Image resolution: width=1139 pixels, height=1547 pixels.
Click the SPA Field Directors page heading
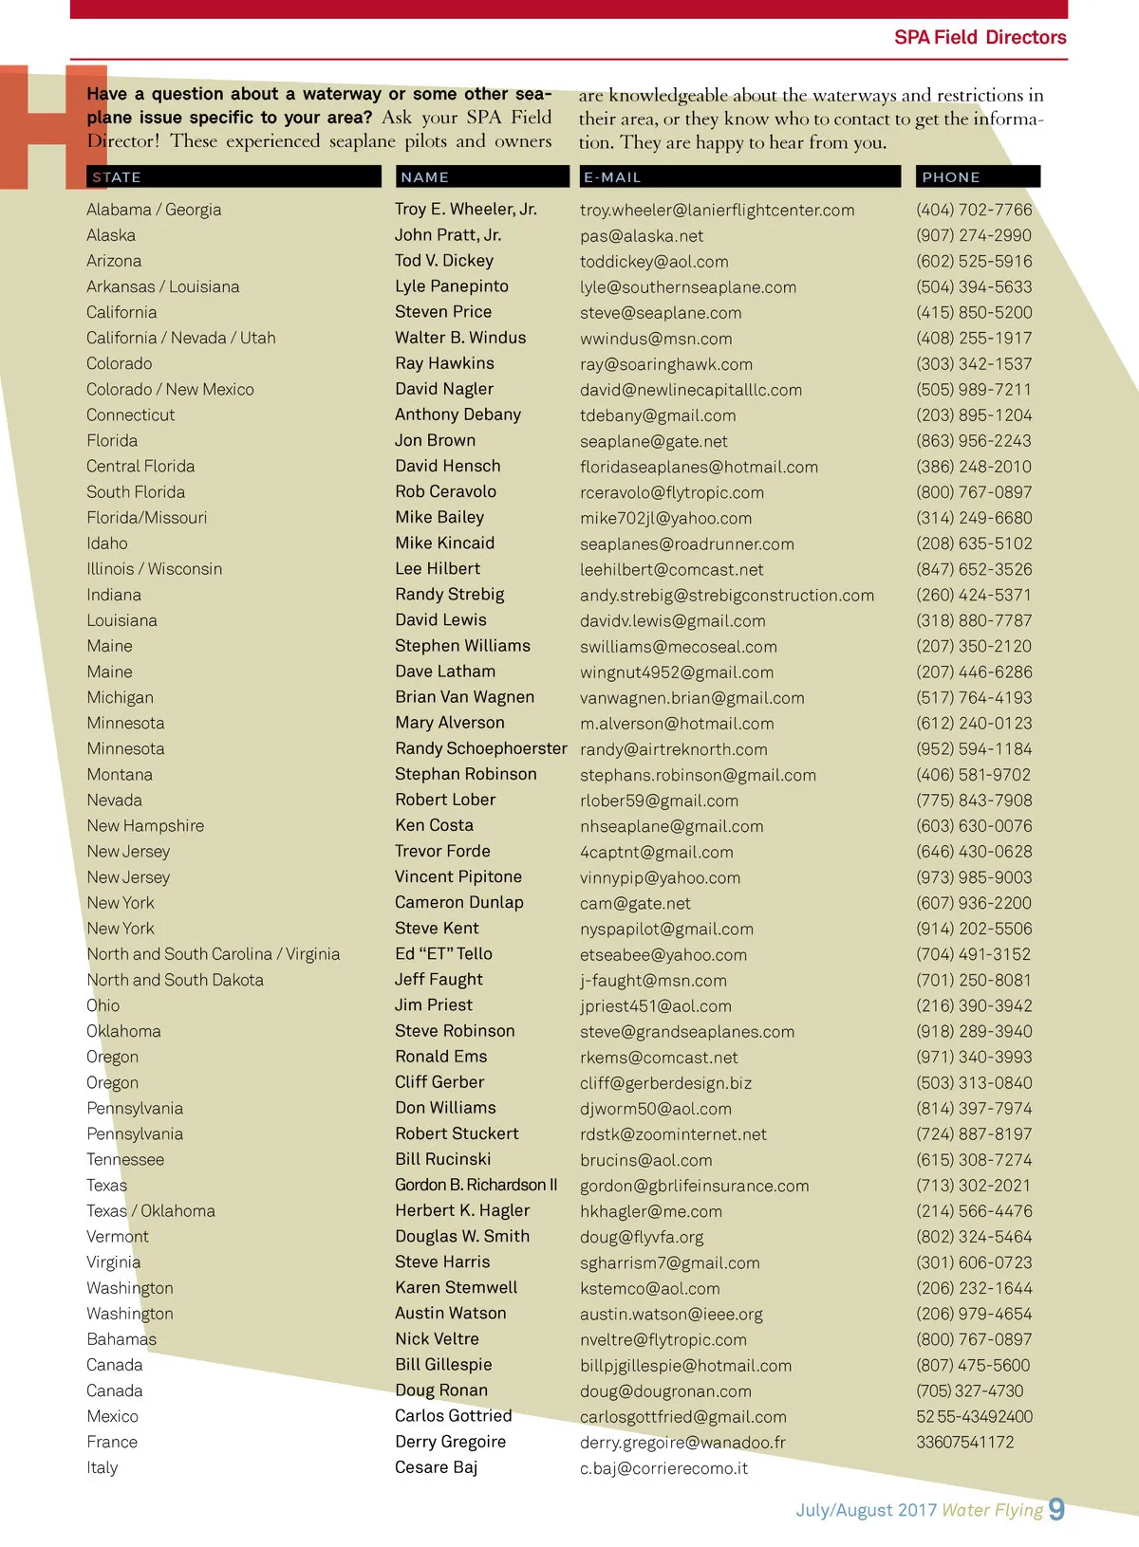point(980,38)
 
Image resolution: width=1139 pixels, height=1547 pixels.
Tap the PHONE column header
point(950,177)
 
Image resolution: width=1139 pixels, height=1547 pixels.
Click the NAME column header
point(424,177)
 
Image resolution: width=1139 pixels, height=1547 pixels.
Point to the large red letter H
point(52,126)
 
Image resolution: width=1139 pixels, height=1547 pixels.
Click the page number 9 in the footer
point(1056,1509)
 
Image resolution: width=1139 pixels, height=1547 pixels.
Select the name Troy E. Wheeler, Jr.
point(465,210)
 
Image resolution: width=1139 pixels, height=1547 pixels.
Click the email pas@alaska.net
point(642,236)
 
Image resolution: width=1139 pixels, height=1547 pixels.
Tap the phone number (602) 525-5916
point(974,261)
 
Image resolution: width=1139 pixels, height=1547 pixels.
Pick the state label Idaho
point(106,543)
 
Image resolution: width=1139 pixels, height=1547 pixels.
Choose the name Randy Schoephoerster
point(480,748)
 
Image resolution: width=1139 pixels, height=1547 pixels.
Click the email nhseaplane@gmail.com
point(671,826)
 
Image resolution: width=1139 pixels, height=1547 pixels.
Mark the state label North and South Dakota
point(175,980)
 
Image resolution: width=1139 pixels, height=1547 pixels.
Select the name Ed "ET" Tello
point(443,954)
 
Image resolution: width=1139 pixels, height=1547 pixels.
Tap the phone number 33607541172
point(964,1442)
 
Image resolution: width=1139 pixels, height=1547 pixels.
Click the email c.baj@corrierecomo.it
point(663,1468)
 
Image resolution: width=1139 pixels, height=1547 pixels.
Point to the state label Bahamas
point(121,1339)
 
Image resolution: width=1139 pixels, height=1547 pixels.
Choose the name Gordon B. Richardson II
point(476,1185)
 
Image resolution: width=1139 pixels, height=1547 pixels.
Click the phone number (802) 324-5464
point(974,1237)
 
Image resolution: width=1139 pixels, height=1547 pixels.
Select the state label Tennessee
point(124,1159)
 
